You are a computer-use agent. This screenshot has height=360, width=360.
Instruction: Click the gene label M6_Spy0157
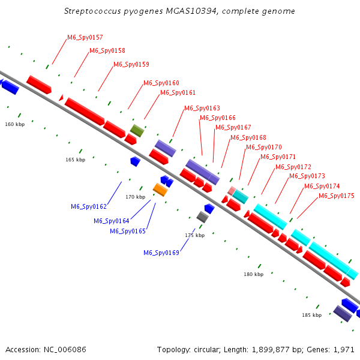tap(85, 37)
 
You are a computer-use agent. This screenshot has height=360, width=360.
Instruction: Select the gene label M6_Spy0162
tap(89, 206)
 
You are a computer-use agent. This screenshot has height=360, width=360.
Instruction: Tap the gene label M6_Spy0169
tap(161, 253)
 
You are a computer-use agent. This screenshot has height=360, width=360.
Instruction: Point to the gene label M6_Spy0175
tap(337, 196)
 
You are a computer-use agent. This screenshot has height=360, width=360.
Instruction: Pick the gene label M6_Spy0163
tap(202, 108)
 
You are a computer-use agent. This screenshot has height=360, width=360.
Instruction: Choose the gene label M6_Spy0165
tap(128, 231)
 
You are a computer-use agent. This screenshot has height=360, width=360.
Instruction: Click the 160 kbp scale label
tap(15, 124)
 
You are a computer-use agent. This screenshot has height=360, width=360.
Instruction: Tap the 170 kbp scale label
tap(136, 197)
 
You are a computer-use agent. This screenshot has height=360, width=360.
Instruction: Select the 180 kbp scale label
tap(254, 274)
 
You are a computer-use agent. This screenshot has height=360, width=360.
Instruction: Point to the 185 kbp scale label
tap(312, 315)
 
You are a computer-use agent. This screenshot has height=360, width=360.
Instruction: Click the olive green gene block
tap(137, 131)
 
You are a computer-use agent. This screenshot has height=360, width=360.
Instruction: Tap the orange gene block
tap(160, 190)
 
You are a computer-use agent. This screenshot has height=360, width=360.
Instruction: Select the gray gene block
tap(203, 217)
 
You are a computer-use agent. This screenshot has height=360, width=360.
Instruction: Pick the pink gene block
tap(232, 191)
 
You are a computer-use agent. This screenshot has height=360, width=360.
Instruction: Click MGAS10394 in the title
tap(192, 11)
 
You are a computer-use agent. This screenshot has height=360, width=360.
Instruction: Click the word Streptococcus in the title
tap(92, 11)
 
